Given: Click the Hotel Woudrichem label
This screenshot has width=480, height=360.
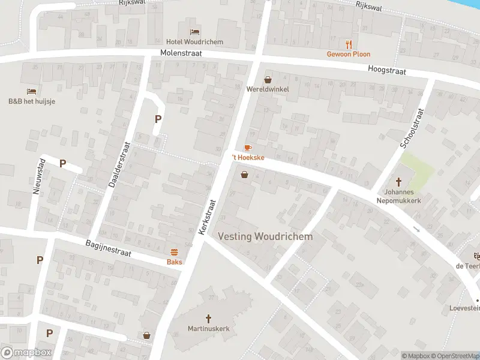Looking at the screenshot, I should pos(194,42).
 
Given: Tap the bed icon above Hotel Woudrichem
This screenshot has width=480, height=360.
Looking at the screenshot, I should pos(194,32).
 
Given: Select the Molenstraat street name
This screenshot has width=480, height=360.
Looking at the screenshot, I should pos(181,53).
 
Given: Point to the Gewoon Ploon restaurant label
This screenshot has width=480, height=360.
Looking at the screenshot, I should pos(348,54).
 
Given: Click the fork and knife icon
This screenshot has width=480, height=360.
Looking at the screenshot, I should pos(349,44).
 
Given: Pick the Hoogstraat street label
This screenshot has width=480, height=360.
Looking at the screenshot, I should pos(387,71).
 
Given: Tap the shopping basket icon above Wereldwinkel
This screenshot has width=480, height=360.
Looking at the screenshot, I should pos(268,79).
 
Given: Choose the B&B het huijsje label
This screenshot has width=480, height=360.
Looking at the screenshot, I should pos(32,101).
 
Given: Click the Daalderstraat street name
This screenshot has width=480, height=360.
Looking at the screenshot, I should pos(118,164).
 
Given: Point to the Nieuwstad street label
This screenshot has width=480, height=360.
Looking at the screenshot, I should pos(35,176).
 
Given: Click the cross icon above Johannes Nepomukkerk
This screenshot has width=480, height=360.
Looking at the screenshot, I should pos(399,181).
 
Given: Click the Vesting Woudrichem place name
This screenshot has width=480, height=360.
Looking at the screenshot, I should pos(265,236).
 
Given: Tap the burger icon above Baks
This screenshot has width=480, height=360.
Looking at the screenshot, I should pos(175,252).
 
